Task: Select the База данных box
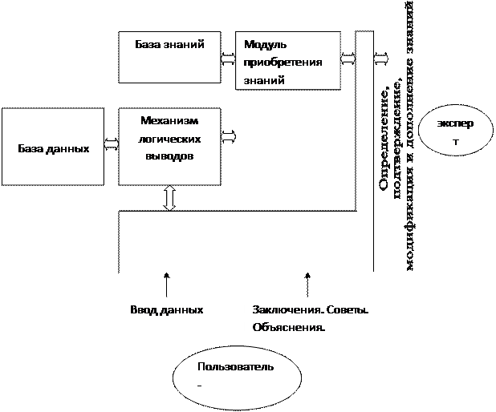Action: point(53,148)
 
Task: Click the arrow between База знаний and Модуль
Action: point(228,58)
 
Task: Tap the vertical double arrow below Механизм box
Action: point(169,198)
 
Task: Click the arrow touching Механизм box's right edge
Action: point(228,137)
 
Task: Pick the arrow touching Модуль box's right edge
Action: point(348,59)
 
